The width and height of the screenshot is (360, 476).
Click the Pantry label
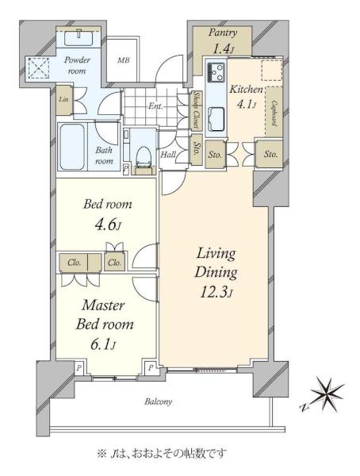point(223,33)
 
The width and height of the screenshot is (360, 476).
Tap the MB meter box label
point(123,60)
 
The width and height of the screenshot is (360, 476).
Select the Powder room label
point(77,65)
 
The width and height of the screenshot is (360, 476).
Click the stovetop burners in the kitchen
point(216,72)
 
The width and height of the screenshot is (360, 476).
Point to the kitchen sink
point(216,118)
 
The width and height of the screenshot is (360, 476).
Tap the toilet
point(144,157)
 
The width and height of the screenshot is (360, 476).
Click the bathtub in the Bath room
point(72,148)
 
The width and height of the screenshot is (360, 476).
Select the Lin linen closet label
point(63,99)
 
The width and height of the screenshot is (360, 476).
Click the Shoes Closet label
point(197,110)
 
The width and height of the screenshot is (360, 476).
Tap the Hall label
point(168,155)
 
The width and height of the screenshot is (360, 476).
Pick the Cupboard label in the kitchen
point(274,113)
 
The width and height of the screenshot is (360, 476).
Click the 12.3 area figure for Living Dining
point(216,292)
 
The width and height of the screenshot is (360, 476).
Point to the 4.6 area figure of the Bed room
point(108,225)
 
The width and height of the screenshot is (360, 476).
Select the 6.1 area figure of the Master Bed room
point(104,344)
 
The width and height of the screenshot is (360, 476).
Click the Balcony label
point(158,402)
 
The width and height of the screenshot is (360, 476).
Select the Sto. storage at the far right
point(270,154)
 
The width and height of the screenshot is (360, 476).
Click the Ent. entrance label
point(155,106)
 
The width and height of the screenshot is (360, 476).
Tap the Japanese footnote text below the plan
point(162,454)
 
